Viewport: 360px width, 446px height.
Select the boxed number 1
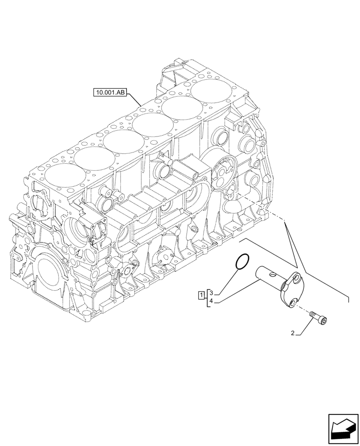(x=201, y=294)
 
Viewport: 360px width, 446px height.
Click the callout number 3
(x=212, y=293)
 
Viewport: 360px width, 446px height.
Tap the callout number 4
(x=212, y=301)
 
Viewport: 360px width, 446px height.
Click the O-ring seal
(x=242, y=262)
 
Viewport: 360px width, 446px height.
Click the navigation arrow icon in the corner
(x=343, y=429)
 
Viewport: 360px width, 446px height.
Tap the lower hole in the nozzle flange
(x=293, y=303)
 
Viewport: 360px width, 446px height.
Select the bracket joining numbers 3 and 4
(x=207, y=297)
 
